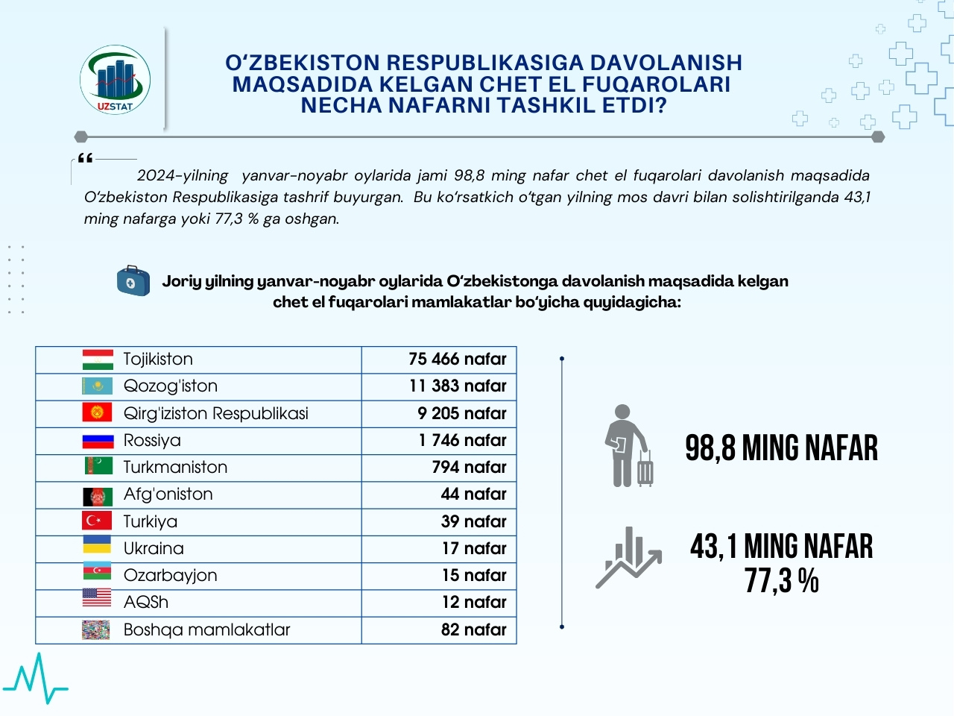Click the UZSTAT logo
pos(116,81)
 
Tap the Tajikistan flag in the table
pos(98,359)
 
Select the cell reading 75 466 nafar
pos(457,359)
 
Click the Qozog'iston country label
pos(171,386)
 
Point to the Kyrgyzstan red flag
pos(98,412)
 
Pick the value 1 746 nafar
pos(462,441)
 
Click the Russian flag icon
pos(98,441)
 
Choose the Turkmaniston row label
pos(175,468)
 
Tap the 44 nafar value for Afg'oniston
pos(473,494)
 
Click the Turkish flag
pos(98,521)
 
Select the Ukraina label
pos(154,549)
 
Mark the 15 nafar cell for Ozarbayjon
pos(473,576)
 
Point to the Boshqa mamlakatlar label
pos(206,630)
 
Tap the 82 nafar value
pos(473,630)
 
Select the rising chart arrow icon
pos(628,558)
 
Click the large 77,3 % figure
pos(781,581)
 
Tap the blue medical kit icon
pos(133,281)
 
